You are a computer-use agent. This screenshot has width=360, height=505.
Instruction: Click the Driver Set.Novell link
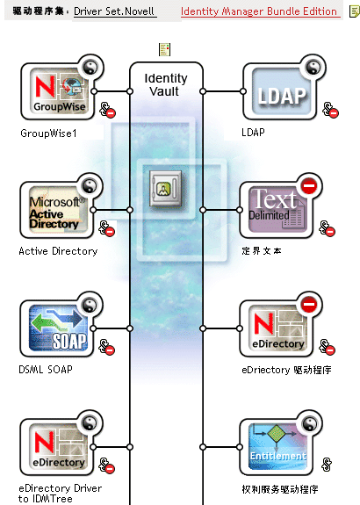(114, 11)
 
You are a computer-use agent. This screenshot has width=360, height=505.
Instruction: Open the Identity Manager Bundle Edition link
(259, 11)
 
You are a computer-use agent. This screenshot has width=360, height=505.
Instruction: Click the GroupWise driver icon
(59, 91)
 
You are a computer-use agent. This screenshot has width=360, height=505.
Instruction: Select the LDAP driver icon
(282, 91)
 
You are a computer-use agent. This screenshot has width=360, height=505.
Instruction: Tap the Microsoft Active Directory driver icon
(58, 210)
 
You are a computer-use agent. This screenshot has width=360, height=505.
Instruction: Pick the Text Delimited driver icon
(277, 210)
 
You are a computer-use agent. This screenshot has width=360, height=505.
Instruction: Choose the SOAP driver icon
(58, 328)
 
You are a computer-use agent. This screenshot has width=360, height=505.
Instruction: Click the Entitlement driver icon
(277, 447)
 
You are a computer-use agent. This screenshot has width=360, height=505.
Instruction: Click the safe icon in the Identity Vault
(165, 189)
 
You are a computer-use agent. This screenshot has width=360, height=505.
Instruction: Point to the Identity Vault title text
(166, 84)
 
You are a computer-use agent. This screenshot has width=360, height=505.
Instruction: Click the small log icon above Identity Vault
(164, 49)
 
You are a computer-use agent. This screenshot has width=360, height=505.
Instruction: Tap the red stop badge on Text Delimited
(309, 186)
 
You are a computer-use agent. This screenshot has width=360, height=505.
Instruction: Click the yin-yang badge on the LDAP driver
(313, 68)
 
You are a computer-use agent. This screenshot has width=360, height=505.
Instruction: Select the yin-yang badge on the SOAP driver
(90, 305)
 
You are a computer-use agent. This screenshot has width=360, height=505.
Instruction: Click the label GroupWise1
(48, 133)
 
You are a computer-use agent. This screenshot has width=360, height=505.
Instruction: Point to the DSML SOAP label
(46, 370)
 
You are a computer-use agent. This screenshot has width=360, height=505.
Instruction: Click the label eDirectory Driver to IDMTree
(61, 494)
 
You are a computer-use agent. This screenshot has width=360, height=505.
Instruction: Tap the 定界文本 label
(262, 251)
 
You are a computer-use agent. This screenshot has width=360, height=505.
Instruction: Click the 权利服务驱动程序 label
(280, 489)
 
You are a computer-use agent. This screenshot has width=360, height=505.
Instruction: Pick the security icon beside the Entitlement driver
(327, 464)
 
